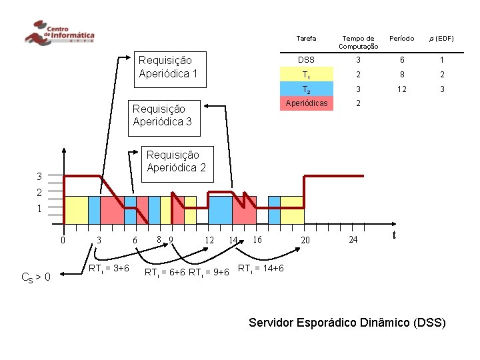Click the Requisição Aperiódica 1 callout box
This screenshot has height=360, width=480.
coord(168,67)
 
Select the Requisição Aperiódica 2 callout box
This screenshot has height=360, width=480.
coord(176,161)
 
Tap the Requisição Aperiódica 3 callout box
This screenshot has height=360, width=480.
coord(163,115)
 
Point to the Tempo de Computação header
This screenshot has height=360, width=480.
coord(358,42)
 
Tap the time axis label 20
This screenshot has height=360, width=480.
coord(305,240)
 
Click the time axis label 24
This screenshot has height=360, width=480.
coord(353,239)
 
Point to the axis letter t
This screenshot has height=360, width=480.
coord(395,235)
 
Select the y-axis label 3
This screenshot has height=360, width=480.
coord(39,177)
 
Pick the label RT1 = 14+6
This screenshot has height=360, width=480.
coord(261,268)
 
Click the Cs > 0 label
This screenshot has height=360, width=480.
coord(36,276)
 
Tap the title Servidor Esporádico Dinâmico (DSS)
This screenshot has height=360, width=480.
coord(347,323)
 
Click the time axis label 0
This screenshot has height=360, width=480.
coord(62,241)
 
